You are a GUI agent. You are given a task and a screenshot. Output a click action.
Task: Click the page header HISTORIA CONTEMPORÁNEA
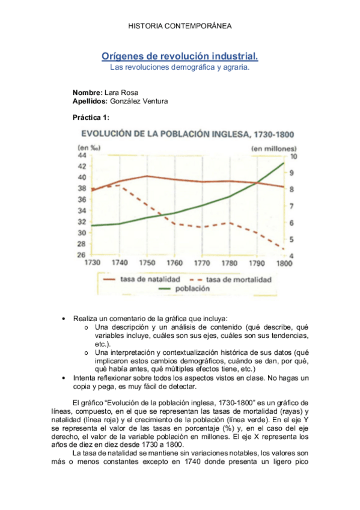pyautogui.click(x=180, y=26)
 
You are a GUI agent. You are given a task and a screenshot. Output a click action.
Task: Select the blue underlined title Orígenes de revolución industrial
pyautogui.click(x=180, y=57)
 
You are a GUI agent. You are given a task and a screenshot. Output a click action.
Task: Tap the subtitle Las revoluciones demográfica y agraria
pyautogui.click(x=180, y=68)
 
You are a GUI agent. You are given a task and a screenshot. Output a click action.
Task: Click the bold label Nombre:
pyautogui.click(x=87, y=93)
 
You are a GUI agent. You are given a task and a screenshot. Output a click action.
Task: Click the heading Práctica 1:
pyautogui.click(x=91, y=118)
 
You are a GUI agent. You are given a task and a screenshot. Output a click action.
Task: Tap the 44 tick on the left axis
pyautogui.click(x=81, y=155)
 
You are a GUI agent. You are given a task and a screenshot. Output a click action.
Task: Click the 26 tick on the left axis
pyautogui.click(x=81, y=255)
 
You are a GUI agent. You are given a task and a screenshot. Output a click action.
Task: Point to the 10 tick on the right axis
pyautogui.click(x=293, y=156)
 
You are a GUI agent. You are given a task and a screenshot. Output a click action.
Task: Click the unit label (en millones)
pyautogui.click(x=273, y=146)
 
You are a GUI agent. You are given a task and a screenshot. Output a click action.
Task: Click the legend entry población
pyautogui.click(x=192, y=289)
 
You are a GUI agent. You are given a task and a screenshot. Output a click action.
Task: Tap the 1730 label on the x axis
pyautogui.click(x=93, y=263)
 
